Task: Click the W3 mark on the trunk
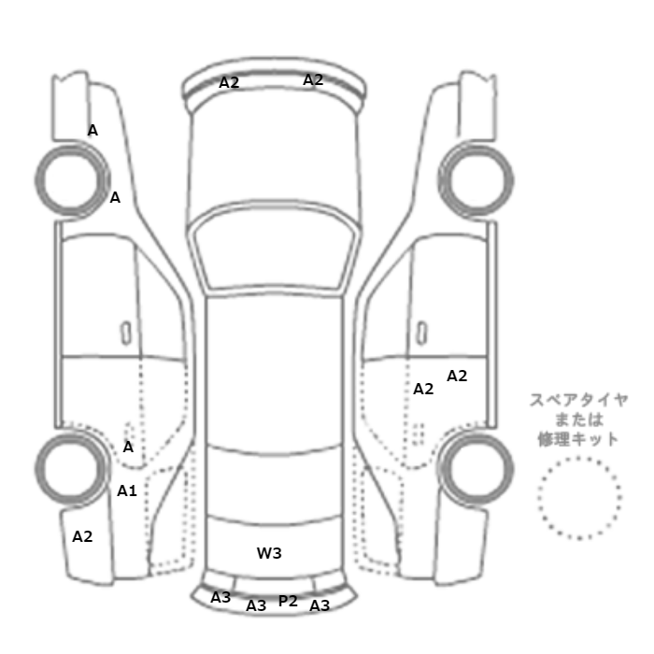click(269, 553)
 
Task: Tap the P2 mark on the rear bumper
click(288, 601)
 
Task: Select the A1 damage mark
click(127, 490)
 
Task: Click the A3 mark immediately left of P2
click(256, 605)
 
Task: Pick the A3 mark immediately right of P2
click(320, 605)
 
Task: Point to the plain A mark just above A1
click(128, 448)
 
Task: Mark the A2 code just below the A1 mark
click(82, 536)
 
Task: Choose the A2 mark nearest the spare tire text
click(457, 376)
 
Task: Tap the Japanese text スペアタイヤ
click(578, 400)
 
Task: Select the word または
click(579, 419)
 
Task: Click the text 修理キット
click(578, 439)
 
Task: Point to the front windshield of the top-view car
click(274, 246)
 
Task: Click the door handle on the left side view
click(125, 334)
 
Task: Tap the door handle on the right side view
click(422, 334)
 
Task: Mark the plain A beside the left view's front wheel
click(115, 197)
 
